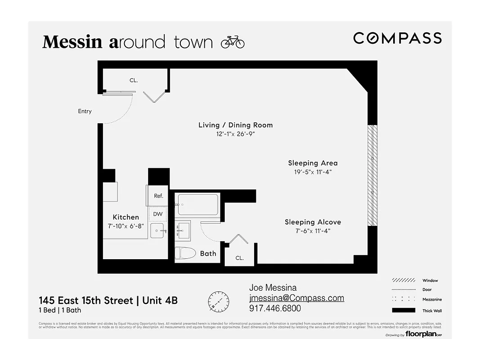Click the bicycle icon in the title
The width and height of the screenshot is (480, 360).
233,42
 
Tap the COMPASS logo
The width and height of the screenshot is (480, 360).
397,38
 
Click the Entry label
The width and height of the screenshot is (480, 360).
85,111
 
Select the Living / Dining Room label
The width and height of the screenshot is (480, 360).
235,125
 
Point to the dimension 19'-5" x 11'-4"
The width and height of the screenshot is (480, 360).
313,172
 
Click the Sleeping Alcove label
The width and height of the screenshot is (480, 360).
313,222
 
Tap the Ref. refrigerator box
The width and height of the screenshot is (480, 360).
158,196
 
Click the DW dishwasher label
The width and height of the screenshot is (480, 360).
158,214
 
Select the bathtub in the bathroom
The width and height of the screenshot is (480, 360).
198,204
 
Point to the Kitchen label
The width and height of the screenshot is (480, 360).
126,217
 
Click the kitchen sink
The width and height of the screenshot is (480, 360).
158,232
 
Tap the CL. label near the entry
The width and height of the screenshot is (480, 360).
134,80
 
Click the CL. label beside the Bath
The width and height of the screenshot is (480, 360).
239,258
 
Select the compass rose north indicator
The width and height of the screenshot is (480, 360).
219,301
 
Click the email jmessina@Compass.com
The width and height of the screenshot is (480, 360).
296,298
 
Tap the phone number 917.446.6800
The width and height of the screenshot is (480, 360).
275,309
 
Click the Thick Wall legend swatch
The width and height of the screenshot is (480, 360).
403,310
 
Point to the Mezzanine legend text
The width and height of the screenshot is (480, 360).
432,299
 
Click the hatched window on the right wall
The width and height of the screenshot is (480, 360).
372,175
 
